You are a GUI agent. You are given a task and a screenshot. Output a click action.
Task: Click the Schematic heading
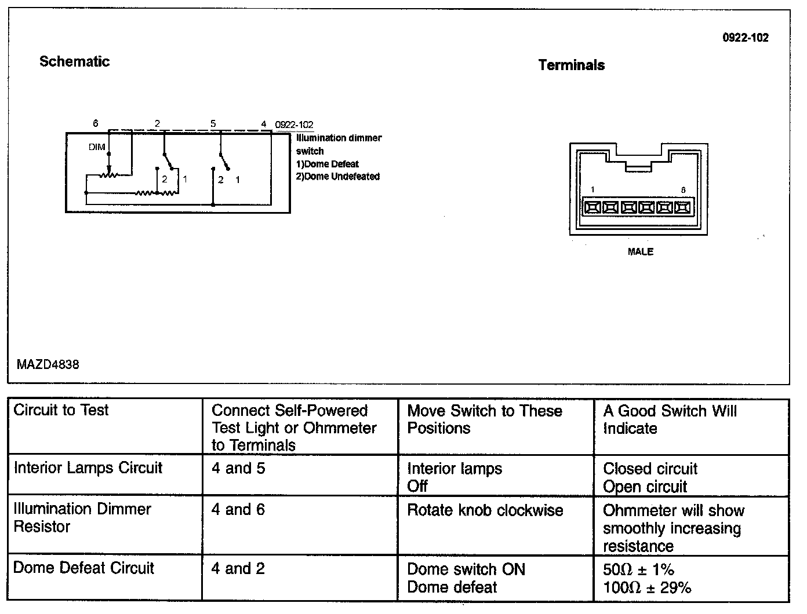[74, 61]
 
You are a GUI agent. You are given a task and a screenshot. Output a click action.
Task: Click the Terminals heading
[571, 65]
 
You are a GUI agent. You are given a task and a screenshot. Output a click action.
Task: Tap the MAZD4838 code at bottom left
[48, 364]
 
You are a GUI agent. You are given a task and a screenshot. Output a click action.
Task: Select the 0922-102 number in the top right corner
[745, 38]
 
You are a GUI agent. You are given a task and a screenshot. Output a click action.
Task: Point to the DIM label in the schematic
[97, 147]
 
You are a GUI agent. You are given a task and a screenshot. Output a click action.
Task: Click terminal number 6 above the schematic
[96, 123]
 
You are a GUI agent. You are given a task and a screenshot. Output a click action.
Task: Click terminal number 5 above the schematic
[213, 123]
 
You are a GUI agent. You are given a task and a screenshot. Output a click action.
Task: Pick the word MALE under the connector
[640, 251]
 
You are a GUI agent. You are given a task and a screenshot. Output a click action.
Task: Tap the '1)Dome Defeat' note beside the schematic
[328, 164]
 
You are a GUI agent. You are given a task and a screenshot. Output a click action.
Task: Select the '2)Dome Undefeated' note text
[338, 176]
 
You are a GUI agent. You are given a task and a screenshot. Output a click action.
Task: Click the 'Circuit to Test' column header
[61, 410]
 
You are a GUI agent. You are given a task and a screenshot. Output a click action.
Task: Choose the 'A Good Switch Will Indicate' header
[670, 419]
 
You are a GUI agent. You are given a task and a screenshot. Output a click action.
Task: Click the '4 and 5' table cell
[238, 468]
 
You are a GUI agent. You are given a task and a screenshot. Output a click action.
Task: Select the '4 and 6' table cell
[238, 510]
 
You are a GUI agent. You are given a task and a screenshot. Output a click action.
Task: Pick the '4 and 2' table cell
[238, 568]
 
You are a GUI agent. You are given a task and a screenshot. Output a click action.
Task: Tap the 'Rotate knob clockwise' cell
[485, 510]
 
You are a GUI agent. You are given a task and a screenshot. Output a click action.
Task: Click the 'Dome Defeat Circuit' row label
[83, 568]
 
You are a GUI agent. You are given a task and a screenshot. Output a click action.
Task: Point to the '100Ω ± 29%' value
[647, 588]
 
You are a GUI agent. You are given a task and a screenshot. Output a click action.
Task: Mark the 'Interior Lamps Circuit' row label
[88, 467]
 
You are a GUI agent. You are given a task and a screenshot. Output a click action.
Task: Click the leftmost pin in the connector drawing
[592, 207]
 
